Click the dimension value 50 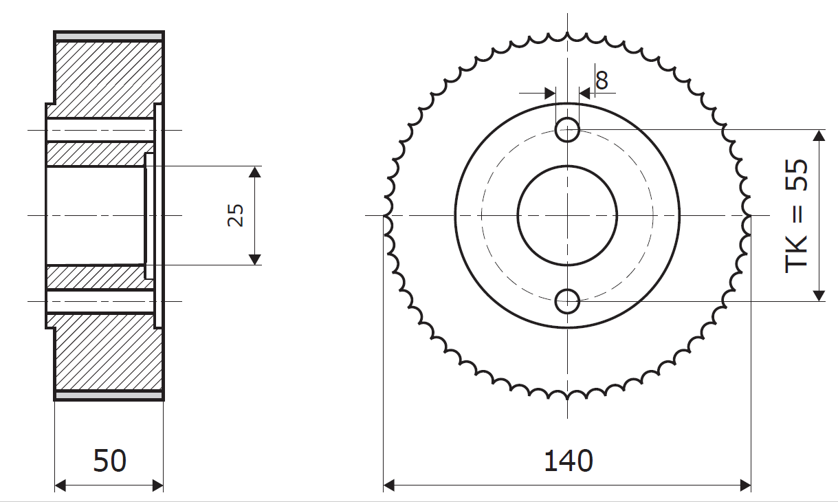[109, 461]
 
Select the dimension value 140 [568, 461]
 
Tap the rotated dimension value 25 [236, 215]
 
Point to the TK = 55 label [796, 217]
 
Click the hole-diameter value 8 [602, 80]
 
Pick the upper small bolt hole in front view [568, 130]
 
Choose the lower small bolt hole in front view [568, 301]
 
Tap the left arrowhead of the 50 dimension [60, 486]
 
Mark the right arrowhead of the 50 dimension [158, 486]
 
